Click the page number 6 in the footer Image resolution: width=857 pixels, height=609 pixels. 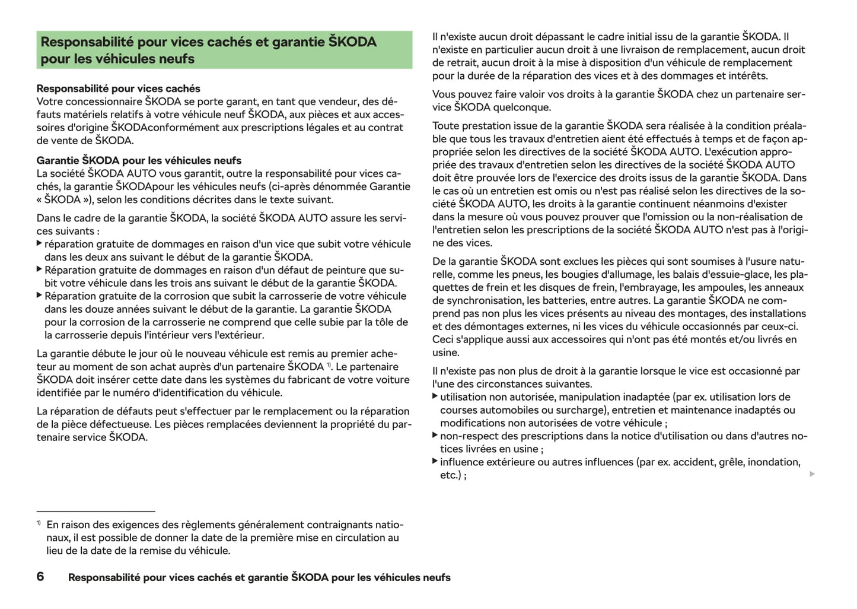coord(40,576)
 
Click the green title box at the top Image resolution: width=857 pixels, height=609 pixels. coord(224,50)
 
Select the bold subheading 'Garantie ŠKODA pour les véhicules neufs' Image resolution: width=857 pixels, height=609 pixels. coord(139,160)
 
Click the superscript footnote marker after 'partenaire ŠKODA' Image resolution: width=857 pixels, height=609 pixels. coord(329,364)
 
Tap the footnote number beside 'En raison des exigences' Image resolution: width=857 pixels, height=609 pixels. coord(39,523)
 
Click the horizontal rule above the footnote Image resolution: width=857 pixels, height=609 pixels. coord(95,510)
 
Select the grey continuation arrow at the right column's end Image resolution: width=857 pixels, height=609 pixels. coord(813,474)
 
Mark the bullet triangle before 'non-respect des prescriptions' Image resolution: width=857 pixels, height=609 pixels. coord(435,435)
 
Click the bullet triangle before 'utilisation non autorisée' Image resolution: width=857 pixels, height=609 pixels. coord(435,396)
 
